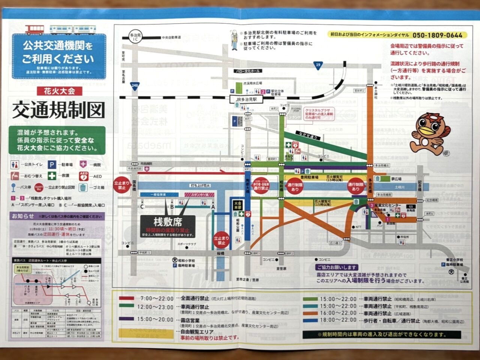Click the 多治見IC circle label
click(x=135, y=37)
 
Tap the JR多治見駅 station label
click(x=246, y=99)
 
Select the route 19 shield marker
click(x=318, y=65)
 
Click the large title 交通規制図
click(x=58, y=110)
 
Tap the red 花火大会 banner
click(x=59, y=91)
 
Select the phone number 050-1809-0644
click(x=437, y=35)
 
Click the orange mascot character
click(x=431, y=134)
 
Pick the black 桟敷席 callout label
click(x=168, y=222)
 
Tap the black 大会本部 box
click(x=238, y=205)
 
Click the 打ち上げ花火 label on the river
click(x=200, y=185)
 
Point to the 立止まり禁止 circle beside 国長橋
click(x=122, y=185)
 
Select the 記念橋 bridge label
click(x=420, y=186)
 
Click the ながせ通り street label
click(x=308, y=135)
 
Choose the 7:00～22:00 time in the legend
click(x=157, y=299)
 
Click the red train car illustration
click(x=34, y=30)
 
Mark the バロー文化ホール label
click(x=247, y=71)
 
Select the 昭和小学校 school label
click(x=186, y=260)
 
